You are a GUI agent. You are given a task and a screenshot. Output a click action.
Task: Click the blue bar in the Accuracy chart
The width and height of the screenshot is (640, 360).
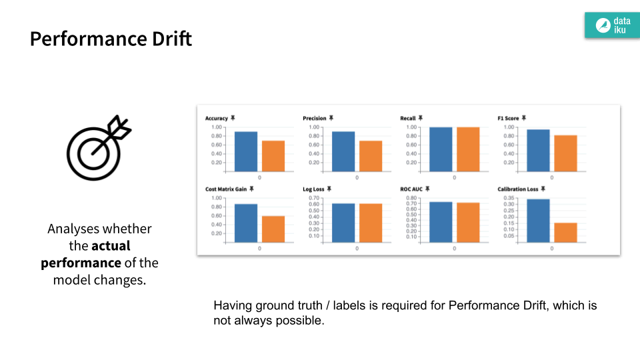pyautogui.click(x=245, y=151)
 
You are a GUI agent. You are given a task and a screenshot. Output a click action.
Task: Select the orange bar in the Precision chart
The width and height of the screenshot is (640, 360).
pyautogui.click(x=371, y=156)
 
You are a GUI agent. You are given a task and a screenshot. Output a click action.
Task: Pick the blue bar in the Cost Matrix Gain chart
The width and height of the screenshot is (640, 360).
pyautogui.click(x=245, y=223)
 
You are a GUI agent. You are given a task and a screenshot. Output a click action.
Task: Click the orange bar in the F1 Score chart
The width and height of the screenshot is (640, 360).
pyautogui.click(x=565, y=153)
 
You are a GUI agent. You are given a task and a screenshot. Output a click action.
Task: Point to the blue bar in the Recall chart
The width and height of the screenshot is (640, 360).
pyautogui.click(x=441, y=149)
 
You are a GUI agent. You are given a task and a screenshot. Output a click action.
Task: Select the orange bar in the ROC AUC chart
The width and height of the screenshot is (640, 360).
pyautogui.click(x=468, y=222)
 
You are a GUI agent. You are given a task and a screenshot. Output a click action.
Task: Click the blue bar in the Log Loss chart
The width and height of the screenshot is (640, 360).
pyautogui.click(x=343, y=223)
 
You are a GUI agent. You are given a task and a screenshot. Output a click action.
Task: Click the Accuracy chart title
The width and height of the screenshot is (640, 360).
pyautogui.click(x=217, y=118)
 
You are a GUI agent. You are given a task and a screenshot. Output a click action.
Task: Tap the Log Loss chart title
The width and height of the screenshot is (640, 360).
pyautogui.click(x=313, y=189)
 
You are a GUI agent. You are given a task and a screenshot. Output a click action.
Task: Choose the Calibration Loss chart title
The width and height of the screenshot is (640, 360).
pyautogui.click(x=517, y=189)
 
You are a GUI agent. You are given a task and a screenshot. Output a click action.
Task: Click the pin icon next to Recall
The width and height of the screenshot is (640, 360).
pyautogui.click(x=421, y=118)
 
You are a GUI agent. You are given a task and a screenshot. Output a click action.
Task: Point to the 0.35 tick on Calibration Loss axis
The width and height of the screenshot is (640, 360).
pyautogui.click(x=509, y=198)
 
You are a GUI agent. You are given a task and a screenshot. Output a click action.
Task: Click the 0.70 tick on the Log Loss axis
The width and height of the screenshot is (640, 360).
pyautogui.click(x=315, y=198)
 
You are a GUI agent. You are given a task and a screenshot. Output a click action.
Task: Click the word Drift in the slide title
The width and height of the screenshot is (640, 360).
pyautogui.click(x=170, y=39)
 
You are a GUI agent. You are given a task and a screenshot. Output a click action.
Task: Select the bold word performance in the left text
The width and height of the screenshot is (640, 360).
pyautogui.click(x=81, y=263)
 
